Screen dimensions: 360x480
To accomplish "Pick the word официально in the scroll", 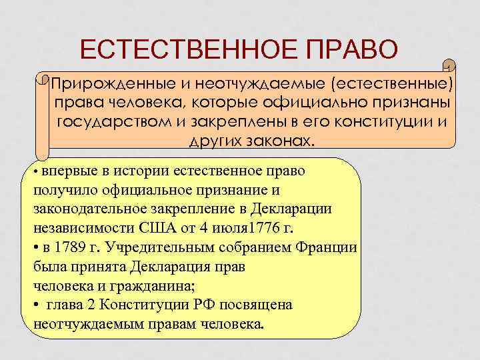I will tap(321, 104).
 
